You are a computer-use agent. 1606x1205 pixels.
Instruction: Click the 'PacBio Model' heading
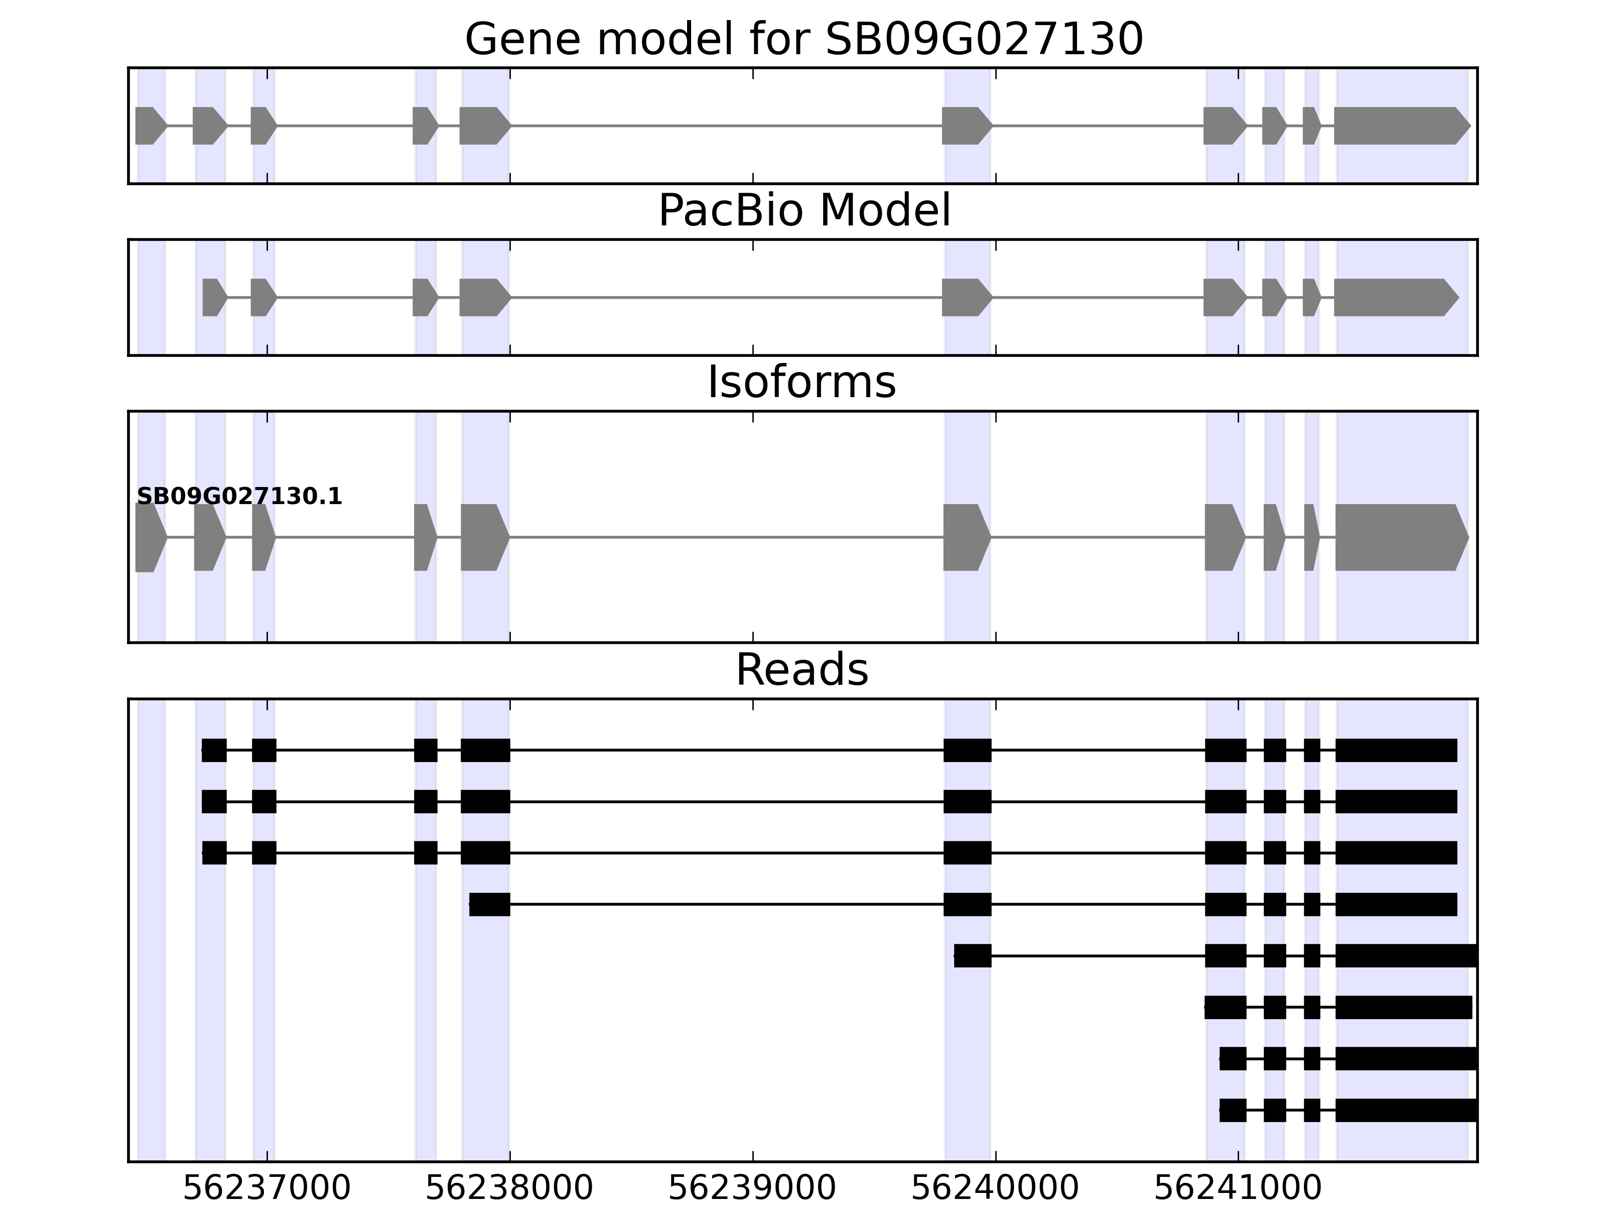[804, 211]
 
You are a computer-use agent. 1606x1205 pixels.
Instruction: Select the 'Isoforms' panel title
[801, 383]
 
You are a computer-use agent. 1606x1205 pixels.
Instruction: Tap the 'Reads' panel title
[801, 670]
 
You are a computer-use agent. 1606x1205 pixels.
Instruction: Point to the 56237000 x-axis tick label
[266, 1189]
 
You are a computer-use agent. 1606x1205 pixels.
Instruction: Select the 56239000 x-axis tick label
[752, 1189]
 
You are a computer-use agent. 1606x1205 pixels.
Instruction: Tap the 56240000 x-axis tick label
[995, 1189]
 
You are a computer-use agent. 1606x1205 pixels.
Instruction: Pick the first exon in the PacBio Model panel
[213, 297]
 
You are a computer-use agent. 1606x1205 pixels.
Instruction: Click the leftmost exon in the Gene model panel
[149, 126]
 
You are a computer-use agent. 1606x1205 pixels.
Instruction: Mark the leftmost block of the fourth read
[489, 904]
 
